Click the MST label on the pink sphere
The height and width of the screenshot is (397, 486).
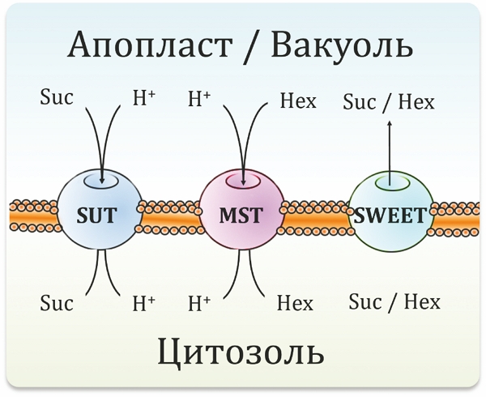(x=241, y=216)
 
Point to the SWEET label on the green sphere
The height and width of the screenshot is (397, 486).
(x=389, y=216)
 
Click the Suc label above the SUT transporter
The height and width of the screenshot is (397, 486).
(x=56, y=100)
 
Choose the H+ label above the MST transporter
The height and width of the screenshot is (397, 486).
(x=198, y=100)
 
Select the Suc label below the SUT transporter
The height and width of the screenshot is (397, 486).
(x=56, y=303)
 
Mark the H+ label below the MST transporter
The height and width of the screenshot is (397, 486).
(x=198, y=303)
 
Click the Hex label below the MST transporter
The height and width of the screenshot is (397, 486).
(x=295, y=303)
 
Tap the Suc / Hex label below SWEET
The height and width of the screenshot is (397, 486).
(x=394, y=302)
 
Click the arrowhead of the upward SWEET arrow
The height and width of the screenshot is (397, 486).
(x=389, y=124)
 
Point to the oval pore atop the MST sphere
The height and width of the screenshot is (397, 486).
(x=241, y=181)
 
